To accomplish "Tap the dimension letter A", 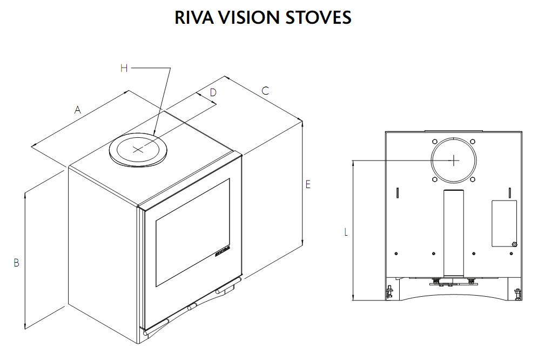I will pos(78,110).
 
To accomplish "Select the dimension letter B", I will pos(17,263).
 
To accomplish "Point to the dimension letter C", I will pos(265,91).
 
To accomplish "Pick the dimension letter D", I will pos(213,92).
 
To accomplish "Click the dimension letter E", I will pos(308,184).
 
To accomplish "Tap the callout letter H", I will pos(124,68).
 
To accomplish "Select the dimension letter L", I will pos(346,232).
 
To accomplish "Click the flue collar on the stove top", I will pos(139,149).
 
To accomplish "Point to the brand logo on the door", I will pos(221,252).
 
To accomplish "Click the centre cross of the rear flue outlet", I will pos(454,160).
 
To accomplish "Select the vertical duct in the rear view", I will pos(454,234).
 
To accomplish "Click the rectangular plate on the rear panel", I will pos(503,223).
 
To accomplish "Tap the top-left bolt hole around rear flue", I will pos(435,142).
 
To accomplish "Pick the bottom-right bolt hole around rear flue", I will pos(473,179).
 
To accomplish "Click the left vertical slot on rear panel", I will pos(397,193).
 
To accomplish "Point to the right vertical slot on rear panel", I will pos(510,193).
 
